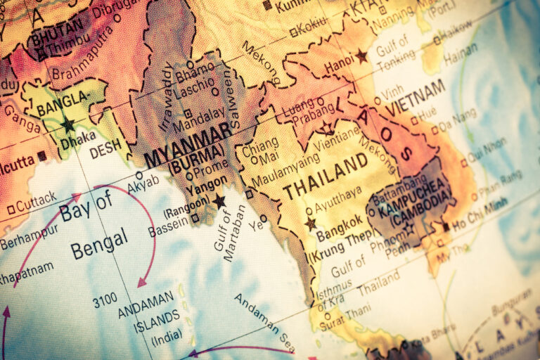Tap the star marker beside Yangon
[219, 201]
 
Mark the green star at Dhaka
[67, 125]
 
